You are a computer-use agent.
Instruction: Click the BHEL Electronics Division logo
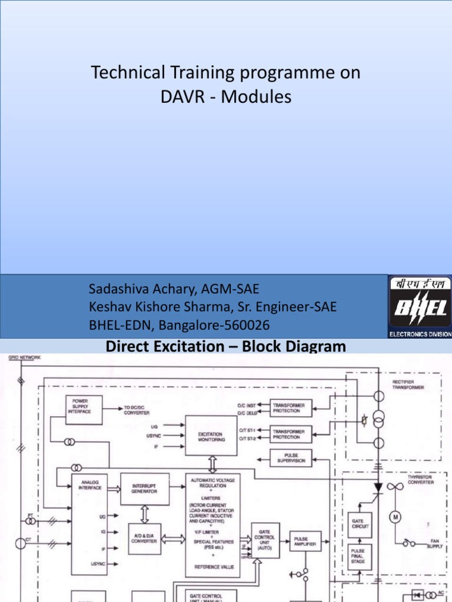click(420, 306)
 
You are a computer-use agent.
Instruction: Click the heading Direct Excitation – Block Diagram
click(225, 346)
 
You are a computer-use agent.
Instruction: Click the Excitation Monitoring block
click(210, 436)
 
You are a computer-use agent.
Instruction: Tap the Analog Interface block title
click(91, 485)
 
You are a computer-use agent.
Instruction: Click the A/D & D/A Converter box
click(144, 539)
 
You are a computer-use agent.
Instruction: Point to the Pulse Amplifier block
click(305, 541)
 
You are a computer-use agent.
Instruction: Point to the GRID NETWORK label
click(25, 357)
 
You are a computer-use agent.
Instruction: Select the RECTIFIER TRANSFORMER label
click(408, 385)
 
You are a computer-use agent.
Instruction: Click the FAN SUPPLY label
click(434, 544)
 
